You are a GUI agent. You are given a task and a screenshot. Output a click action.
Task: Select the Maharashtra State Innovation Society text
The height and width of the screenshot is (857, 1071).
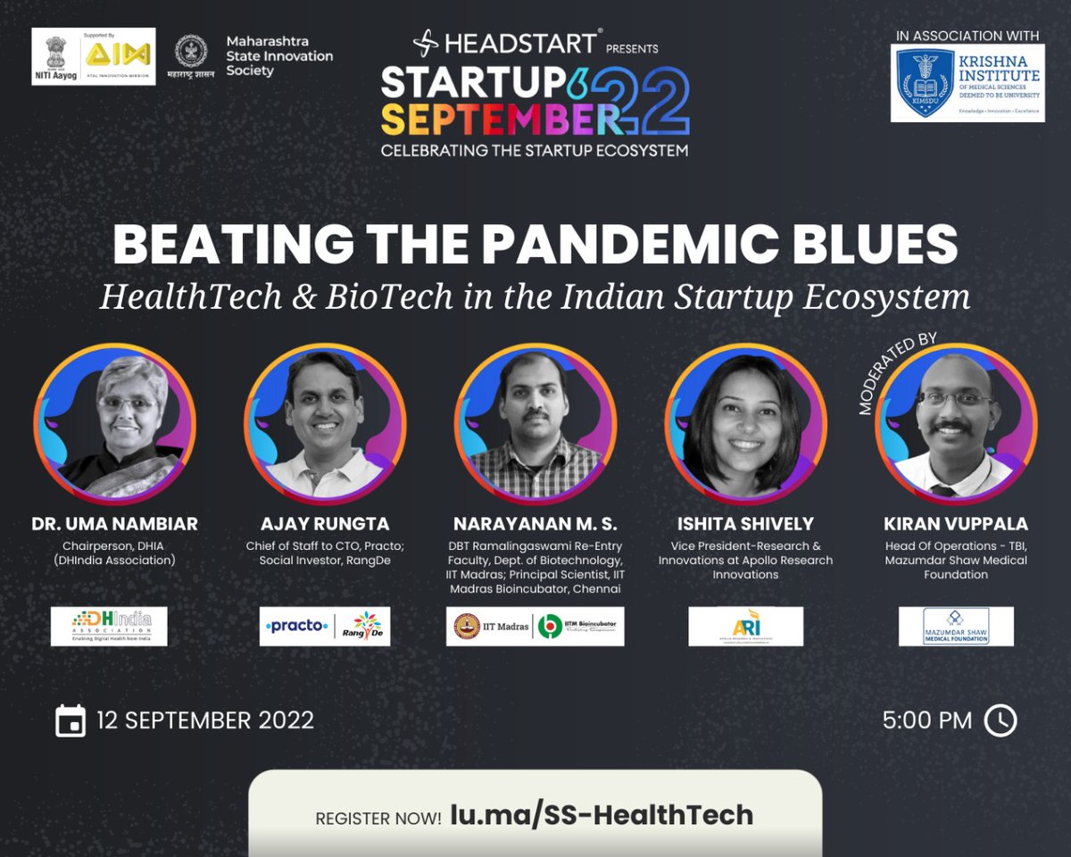pyautogui.click(x=278, y=56)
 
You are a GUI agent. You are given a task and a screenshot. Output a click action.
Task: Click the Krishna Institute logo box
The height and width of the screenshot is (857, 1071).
pyautogui.click(x=967, y=83)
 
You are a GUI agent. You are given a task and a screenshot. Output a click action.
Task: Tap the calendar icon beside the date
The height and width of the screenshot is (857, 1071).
pyautogui.click(x=70, y=720)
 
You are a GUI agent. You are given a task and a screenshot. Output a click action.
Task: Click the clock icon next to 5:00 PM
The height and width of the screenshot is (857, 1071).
pyautogui.click(x=1000, y=720)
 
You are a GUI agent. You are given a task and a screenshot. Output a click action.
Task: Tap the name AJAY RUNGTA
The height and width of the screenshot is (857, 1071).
pyautogui.click(x=324, y=524)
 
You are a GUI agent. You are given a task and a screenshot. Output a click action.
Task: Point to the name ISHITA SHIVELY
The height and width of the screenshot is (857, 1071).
pyautogui.click(x=745, y=524)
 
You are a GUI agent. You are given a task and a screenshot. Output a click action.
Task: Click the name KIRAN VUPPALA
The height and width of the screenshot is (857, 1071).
pyautogui.click(x=955, y=524)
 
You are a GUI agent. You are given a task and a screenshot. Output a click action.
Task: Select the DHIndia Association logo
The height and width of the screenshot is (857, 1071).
pyautogui.click(x=108, y=626)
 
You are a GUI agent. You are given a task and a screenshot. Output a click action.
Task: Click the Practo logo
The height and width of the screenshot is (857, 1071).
pyautogui.click(x=296, y=626)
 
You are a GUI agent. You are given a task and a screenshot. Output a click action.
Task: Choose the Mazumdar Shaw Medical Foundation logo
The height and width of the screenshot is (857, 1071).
pyautogui.click(x=955, y=626)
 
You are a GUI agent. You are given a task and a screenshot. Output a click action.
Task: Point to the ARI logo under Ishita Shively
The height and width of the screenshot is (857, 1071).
pyautogui.click(x=745, y=626)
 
